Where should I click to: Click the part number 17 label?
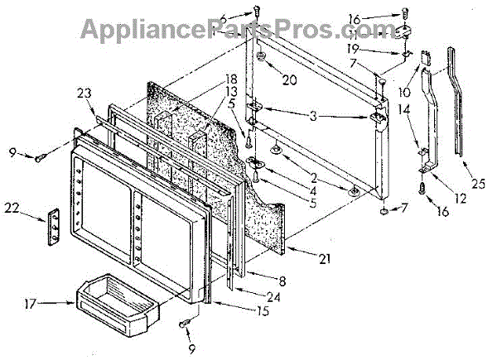point(31,305)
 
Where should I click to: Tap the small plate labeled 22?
point(54,227)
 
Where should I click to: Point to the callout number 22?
point(12,208)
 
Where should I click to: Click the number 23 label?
point(84,93)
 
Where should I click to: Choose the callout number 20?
point(289,79)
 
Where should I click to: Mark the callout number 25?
point(478,184)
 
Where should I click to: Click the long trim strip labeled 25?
point(456,101)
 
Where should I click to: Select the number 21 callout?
point(324,259)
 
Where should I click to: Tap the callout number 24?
point(273,297)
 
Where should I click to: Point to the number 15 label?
point(263,310)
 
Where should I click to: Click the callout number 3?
point(313,116)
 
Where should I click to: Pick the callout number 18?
point(230,79)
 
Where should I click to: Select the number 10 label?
point(404,92)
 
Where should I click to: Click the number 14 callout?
point(404,109)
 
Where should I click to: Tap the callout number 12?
point(461,199)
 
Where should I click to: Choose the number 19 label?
point(353,49)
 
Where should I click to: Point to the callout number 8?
point(282,281)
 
